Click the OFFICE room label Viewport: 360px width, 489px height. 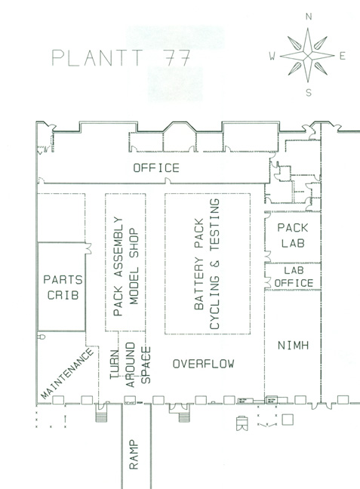point(156,168)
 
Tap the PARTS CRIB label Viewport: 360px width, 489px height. point(63,288)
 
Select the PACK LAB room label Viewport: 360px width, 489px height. point(293,235)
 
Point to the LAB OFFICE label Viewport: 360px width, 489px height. point(294,277)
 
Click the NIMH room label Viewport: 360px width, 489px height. point(294,345)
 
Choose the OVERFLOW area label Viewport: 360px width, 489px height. point(204,364)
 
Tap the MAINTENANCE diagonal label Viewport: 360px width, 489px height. point(67,374)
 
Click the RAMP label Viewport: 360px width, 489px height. point(134,454)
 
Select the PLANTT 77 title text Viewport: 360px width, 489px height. point(121,57)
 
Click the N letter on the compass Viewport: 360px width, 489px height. point(309,17)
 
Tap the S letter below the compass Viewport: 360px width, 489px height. point(309,93)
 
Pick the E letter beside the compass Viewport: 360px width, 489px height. point(343,56)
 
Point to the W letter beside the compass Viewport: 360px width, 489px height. point(272,56)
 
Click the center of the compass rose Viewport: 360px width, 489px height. point(308,56)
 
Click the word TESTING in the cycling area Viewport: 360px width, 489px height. point(215,225)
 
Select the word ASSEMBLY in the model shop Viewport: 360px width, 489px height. point(118,247)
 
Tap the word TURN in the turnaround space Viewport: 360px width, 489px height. point(115,364)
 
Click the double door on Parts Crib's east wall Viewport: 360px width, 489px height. point(88,248)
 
